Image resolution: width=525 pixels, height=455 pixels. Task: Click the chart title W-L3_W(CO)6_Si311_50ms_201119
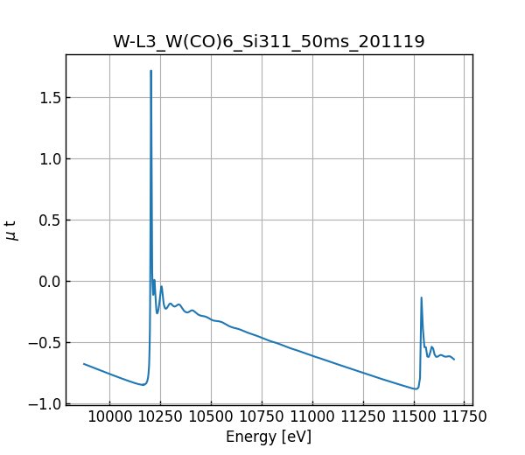pyautogui.click(x=269, y=42)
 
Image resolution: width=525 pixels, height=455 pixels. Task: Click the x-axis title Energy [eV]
pyautogui.click(x=269, y=437)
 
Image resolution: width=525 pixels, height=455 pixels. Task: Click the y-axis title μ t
pyautogui.click(x=11, y=229)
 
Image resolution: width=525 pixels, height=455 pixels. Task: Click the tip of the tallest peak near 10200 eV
pyautogui.click(x=151, y=71)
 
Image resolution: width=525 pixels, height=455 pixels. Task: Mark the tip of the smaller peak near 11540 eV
pyautogui.click(x=421, y=297)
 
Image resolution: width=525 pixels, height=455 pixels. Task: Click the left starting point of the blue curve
pyautogui.click(x=84, y=364)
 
